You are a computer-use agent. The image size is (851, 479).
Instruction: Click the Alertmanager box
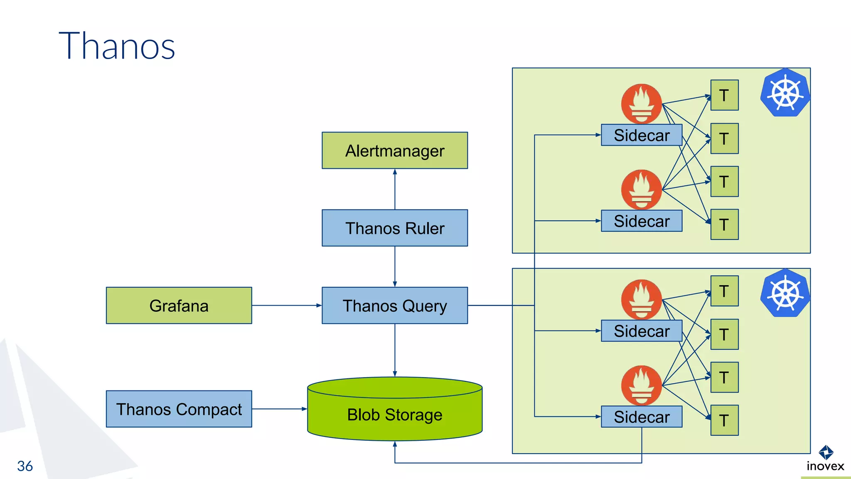coord(394,151)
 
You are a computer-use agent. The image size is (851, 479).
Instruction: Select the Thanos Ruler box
coord(394,228)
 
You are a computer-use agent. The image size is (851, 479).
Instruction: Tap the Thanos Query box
coord(394,306)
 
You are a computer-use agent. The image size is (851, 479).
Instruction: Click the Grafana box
coord(179,306)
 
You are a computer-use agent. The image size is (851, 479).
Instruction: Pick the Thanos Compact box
coord(179,409)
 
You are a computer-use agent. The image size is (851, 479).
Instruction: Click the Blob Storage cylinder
coord(394,414)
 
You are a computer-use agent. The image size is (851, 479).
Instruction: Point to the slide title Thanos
coord(117,46)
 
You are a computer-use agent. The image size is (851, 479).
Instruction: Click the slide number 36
coord(25,466)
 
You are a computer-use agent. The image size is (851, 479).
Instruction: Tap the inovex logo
coord(825,459)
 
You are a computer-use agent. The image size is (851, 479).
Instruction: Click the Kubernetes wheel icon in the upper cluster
coord(785,93)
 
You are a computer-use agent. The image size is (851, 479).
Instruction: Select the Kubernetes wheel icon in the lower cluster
coord(785,293)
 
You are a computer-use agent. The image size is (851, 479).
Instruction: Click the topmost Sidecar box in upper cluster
coord(641,136)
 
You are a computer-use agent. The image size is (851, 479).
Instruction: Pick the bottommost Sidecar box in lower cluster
coord(641,417)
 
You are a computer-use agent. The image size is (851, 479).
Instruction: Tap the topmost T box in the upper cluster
coord(724,96)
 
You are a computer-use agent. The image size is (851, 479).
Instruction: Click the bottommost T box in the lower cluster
coord(724,420)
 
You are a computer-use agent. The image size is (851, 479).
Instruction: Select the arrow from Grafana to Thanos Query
coord(287,306)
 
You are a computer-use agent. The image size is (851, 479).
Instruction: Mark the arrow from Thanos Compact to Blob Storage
coord(279,409)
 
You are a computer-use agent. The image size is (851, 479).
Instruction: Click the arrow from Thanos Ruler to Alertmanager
coord(395,189)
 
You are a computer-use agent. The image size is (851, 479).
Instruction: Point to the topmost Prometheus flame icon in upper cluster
coord(641,104)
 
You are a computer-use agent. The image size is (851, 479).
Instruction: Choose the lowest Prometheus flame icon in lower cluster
coord(641,385)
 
